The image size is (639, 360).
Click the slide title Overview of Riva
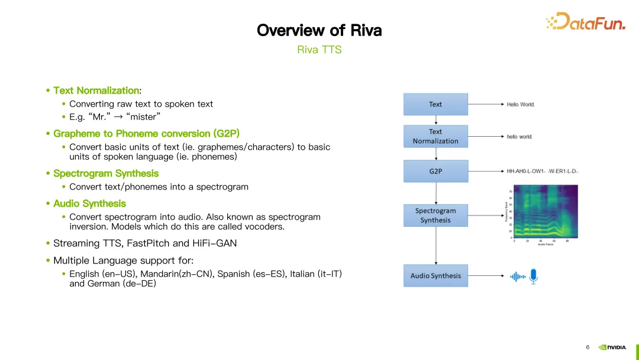pos(319,30)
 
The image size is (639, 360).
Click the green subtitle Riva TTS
pos(319,50)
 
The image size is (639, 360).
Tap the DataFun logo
pos(585,22)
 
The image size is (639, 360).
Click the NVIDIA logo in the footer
pos(612,348)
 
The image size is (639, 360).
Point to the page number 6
pos(588,348)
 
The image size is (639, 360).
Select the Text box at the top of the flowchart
pos(435,104)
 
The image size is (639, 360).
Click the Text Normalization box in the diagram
pos(435,136)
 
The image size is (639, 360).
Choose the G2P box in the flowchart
pos(435,171)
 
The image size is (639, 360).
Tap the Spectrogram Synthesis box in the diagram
pos(435,216)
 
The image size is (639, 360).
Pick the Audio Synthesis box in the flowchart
pos(435,276)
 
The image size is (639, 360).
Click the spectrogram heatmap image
pos(545,211)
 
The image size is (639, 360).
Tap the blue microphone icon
pos(534,277)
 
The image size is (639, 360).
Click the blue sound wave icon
pos(518,277)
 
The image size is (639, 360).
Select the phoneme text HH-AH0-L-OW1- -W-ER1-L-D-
pos(542,171)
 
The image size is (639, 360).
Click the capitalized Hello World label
pos(521,104)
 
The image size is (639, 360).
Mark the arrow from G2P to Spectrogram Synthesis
pos(436,193)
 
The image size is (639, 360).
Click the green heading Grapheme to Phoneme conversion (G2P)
pos(146,133)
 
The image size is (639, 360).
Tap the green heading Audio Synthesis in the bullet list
pos(89,203)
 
